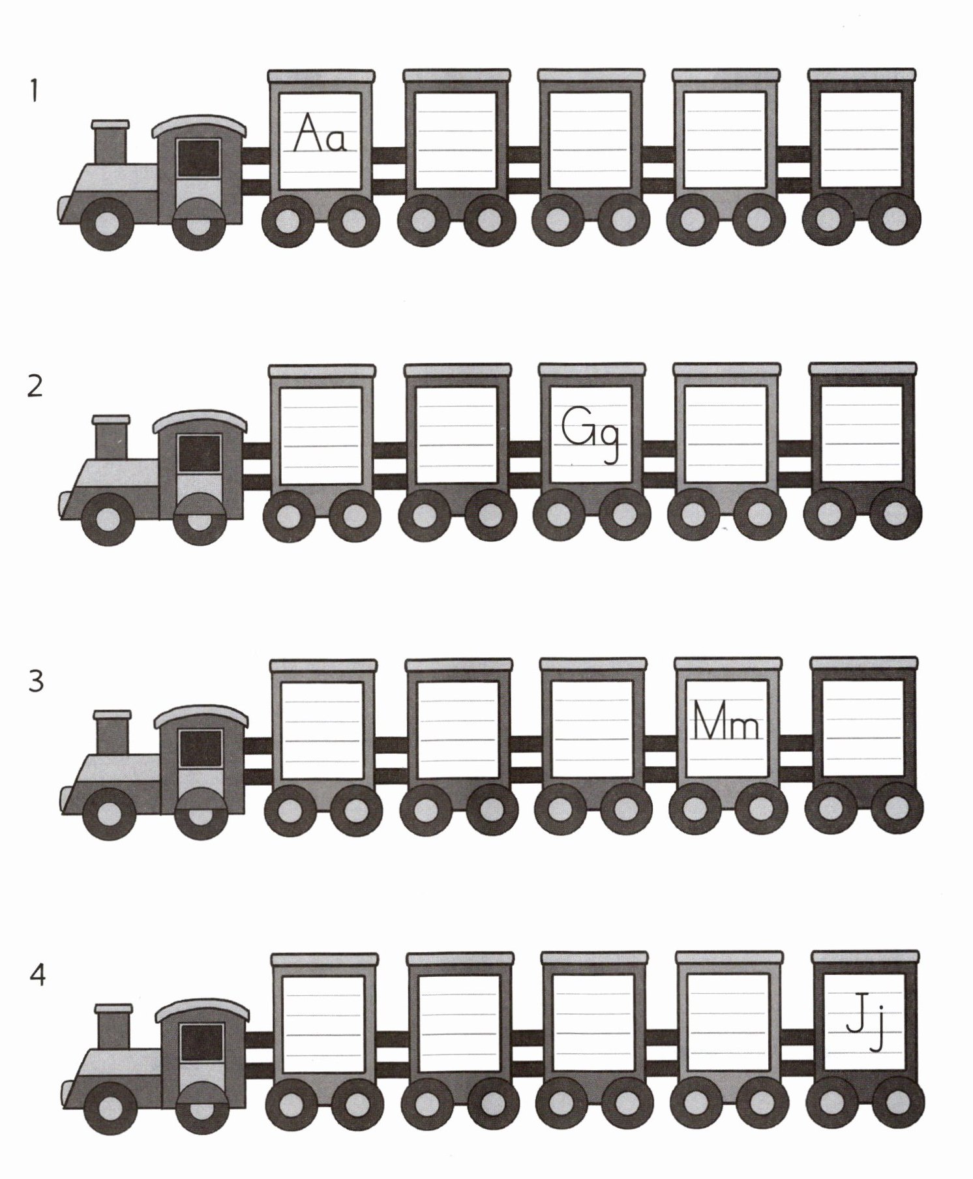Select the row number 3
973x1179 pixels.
[x=37, y=682]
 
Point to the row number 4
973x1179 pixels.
[x=38, y=976]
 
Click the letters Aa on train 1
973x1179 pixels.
[x=319, y=134]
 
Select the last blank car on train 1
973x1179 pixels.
[x=861, y=140]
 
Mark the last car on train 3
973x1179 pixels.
[x=864, y=729]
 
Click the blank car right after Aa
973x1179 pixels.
[x=455, y=140]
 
